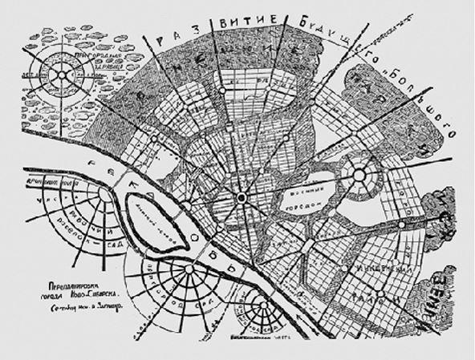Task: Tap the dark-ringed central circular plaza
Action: (x=240, y=197)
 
